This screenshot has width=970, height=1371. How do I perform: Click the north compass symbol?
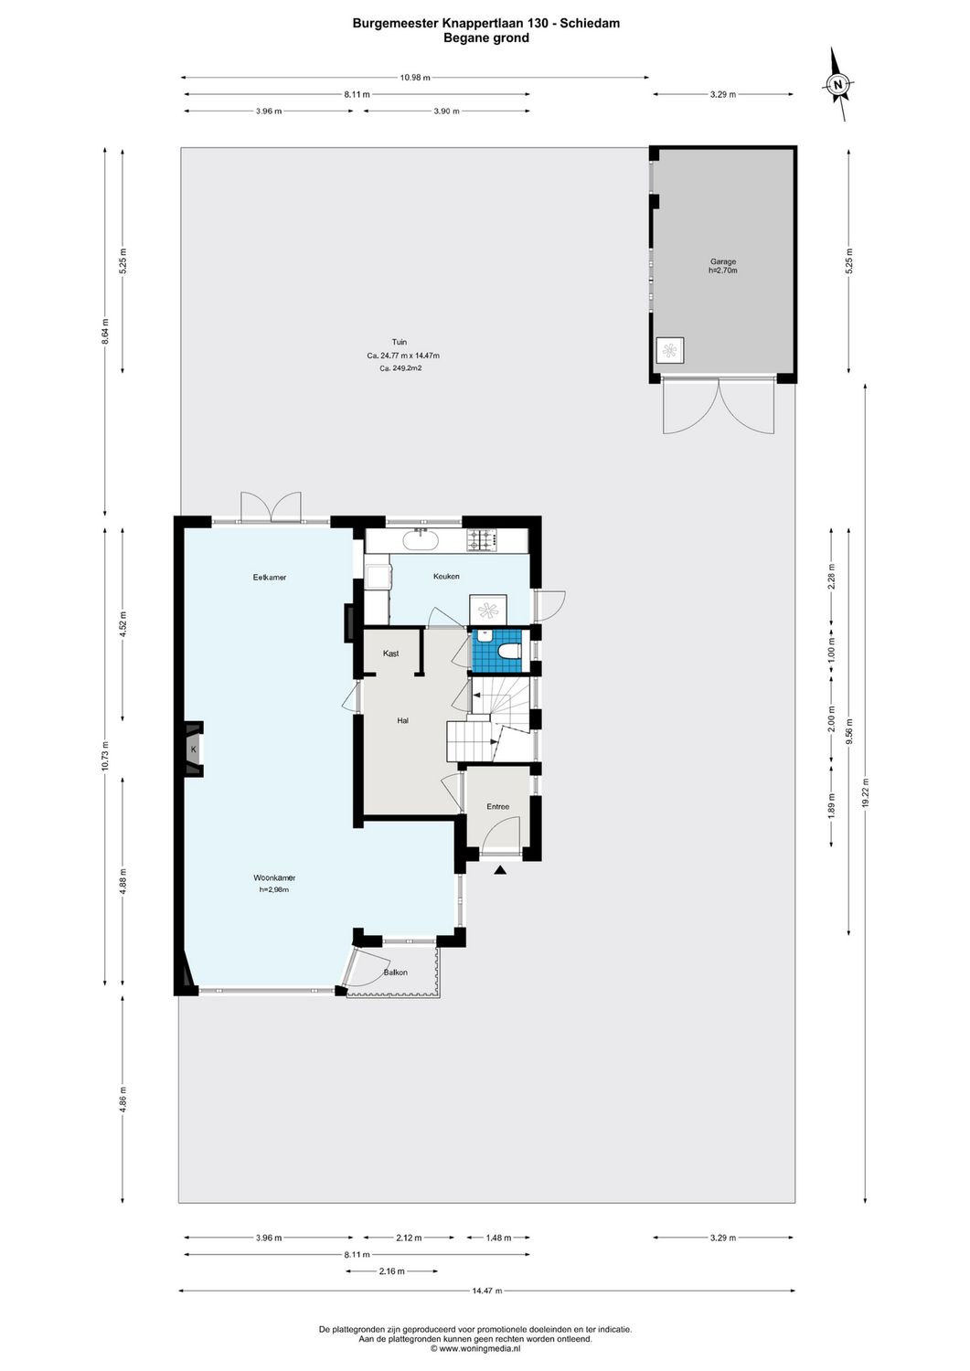(x=838, y=85)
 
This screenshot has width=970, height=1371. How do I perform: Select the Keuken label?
(x=446, y=577)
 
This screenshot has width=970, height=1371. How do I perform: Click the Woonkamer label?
(x=274, y=877)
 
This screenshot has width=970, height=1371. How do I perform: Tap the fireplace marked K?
(x=194, y=750)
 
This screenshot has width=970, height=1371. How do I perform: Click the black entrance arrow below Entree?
(x=499, y=870)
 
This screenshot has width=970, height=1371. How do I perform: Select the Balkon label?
(x=396, y=972)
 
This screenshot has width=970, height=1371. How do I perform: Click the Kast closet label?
(x=391, y=654)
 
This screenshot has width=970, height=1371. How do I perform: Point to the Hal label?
(x=402, y=720)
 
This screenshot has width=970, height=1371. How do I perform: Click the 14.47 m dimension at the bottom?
(x=487, y=1291)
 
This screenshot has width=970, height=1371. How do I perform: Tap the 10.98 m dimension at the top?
(x=415, y=78)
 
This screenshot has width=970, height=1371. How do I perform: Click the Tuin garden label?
(x=400, y=342)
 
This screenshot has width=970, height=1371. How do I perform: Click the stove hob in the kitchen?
(x=482, y=542)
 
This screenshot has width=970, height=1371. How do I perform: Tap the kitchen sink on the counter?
(x=421, y=540)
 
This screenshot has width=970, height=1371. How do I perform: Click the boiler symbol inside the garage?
(x=670, y=350)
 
